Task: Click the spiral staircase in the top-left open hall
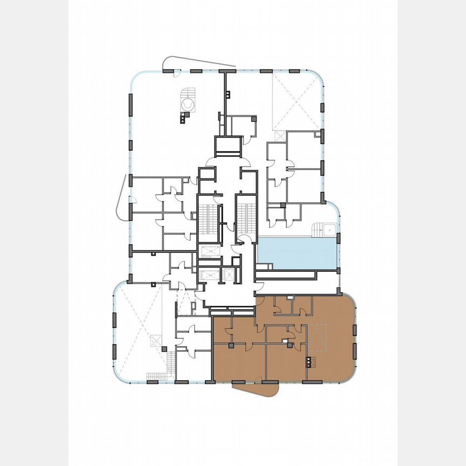[x=187, y=102]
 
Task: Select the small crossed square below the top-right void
[x=278, y=136]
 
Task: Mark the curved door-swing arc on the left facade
[x=122, y=197]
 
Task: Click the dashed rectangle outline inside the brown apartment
[x=317, y=335]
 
